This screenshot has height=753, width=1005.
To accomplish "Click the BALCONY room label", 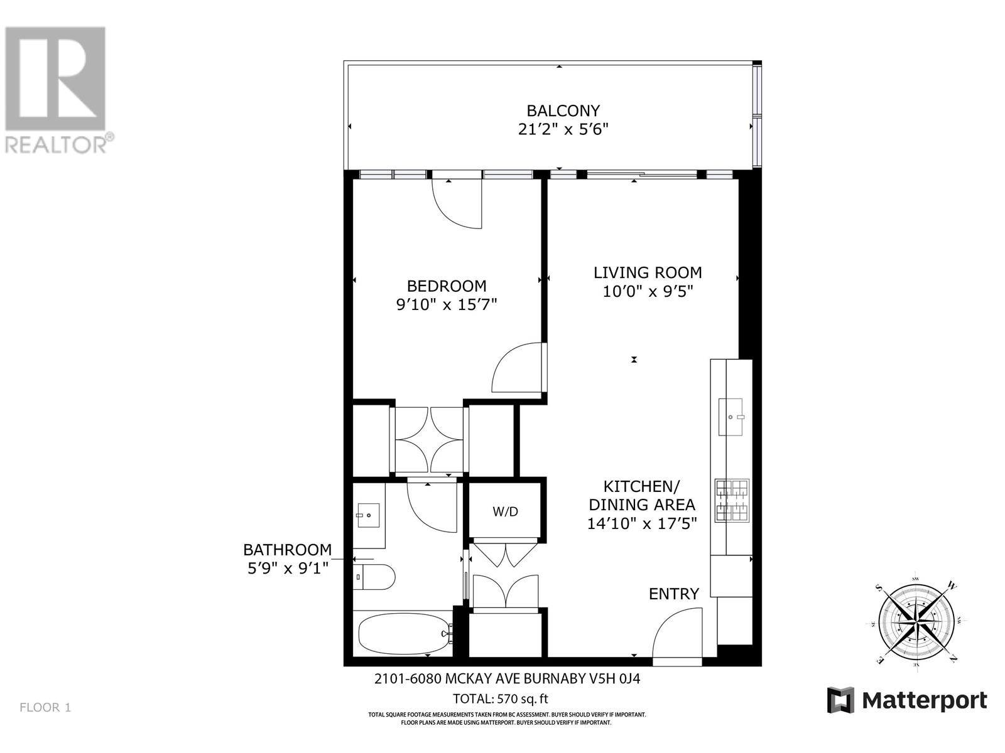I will (563, 111).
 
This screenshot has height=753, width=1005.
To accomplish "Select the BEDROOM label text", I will (447, 286).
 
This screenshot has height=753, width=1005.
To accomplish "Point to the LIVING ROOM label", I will (648, 273).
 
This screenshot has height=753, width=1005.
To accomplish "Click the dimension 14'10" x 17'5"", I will (642, 523).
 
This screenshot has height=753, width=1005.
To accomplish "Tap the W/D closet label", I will (505, 511).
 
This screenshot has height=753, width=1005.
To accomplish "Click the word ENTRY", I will (673, 594).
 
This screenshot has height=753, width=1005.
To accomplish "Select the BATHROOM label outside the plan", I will (287, 550).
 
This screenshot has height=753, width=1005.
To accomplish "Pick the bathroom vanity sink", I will (368, 515).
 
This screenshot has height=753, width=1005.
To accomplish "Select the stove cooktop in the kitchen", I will (732, 501).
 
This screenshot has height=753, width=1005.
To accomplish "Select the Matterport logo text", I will (923, 700).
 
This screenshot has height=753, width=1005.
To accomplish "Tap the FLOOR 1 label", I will (45, 708).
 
